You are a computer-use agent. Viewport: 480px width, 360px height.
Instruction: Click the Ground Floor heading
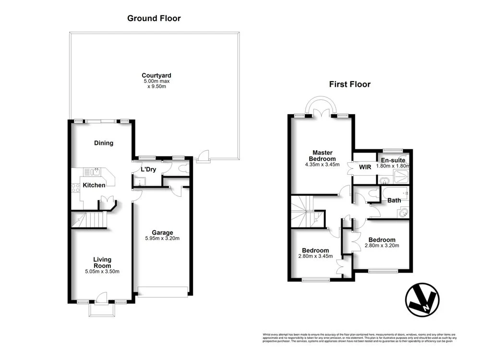tap(154, 19)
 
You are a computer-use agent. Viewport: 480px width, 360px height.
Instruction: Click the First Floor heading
tap(349, 84)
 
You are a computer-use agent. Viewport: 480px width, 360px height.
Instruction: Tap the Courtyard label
tap(156, 75)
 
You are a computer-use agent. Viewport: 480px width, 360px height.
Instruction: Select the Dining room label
tap(104, 143)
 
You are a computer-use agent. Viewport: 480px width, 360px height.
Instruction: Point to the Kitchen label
tap(94, 185)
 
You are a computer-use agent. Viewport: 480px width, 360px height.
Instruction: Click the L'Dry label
tap(148, 170)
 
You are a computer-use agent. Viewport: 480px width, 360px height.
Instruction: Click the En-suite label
tap(393, 160)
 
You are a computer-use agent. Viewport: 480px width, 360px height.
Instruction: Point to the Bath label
tap(394, 201)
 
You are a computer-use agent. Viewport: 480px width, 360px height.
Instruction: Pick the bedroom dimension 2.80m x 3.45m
tap(315, 257)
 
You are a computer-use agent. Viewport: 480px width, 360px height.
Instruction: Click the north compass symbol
tap(422, 300)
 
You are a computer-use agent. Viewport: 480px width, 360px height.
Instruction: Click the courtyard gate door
tap(203, 156)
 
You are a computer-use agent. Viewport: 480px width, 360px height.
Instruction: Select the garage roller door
tap(162, 291)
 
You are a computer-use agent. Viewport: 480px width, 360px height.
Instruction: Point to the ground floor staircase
tap(88, 221)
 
